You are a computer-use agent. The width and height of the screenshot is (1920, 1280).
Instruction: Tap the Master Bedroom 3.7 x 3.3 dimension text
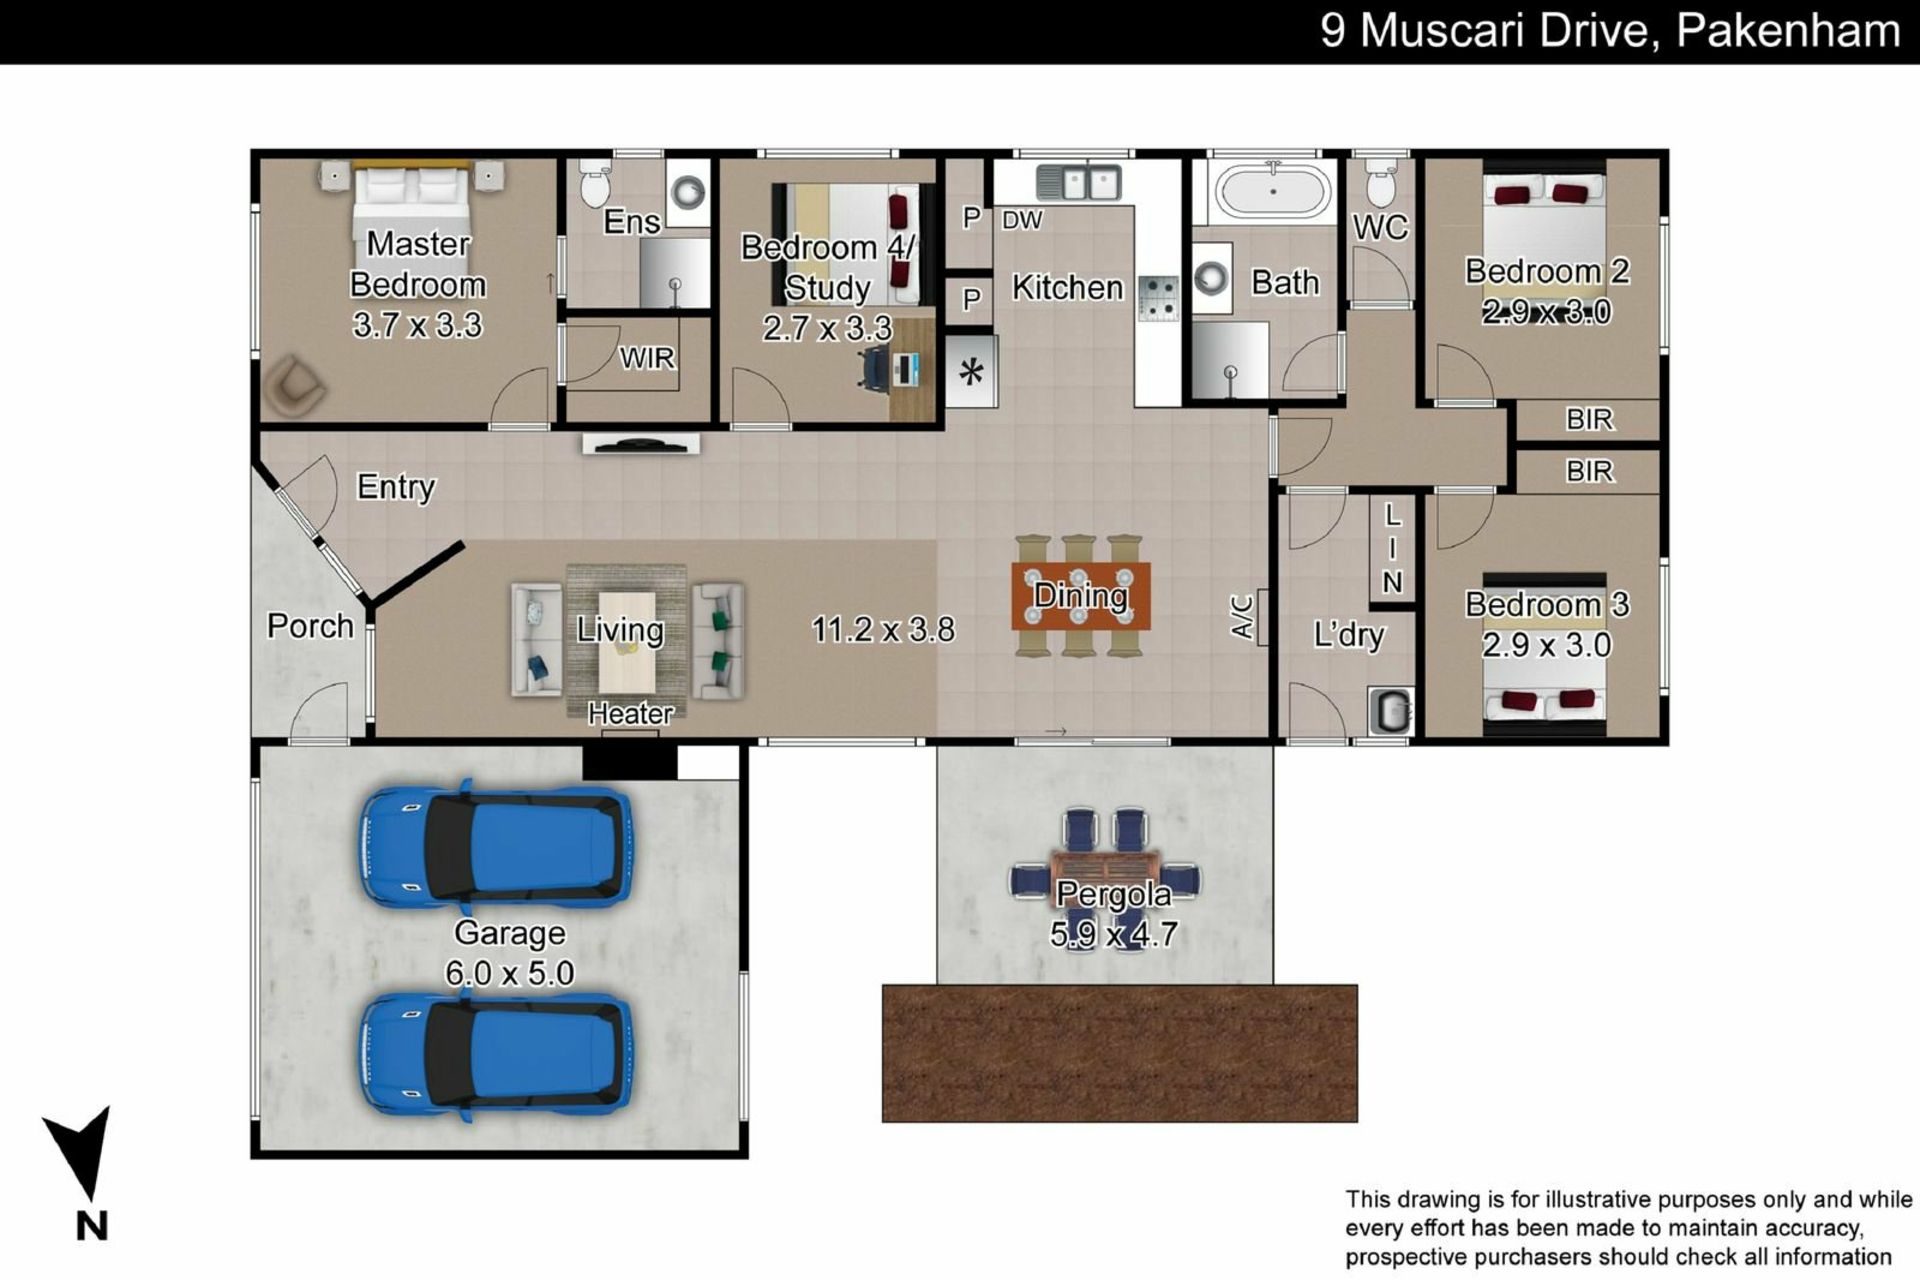(418, 325)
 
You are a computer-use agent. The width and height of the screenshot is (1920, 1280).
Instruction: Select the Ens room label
(631, 222)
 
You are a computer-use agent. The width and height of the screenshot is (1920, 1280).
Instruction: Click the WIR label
(647, 358)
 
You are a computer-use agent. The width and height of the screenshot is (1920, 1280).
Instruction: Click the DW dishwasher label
(1022, 220)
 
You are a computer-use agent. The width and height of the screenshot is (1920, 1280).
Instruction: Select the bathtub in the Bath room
(1272, 191)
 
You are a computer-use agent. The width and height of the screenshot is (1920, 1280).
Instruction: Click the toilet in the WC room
(1381, 181)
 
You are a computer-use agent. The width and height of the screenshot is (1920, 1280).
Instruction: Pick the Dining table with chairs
(1081, 596)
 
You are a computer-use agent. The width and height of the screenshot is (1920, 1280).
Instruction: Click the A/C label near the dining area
(1241, 617)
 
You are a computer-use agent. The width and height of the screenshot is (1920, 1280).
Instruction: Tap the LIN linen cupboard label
(1392, 548)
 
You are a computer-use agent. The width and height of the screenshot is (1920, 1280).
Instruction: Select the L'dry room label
(1348, 635)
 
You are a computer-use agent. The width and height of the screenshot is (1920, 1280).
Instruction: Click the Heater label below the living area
(630, 713)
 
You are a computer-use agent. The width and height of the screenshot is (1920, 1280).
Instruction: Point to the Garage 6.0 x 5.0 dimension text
(510, 973)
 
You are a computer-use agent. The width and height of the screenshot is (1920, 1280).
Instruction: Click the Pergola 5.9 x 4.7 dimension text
(1113, 934)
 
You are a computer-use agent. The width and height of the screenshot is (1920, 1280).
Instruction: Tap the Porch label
(310, 626)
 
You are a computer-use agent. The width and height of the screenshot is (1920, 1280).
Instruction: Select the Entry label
(396, 487)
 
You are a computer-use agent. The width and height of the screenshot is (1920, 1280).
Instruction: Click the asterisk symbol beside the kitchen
(971, 373)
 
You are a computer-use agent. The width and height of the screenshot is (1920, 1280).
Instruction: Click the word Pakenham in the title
(1788, 30)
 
